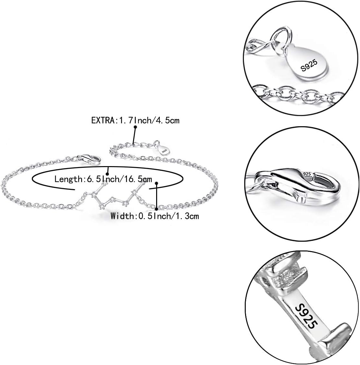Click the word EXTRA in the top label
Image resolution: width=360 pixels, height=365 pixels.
[102, 121]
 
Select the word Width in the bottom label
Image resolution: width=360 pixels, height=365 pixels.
[121, 216]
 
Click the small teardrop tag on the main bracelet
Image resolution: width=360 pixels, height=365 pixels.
[164, 150]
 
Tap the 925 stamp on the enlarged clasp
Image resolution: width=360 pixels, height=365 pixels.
[307, 174]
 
